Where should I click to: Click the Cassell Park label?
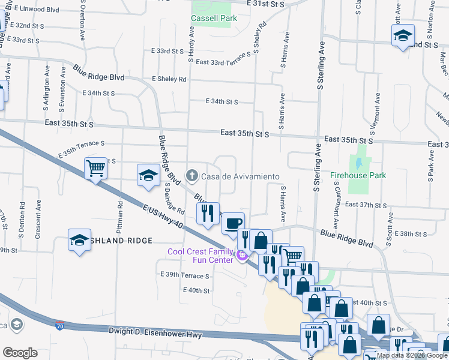pos(214,18)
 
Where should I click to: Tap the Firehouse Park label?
pos(358,176)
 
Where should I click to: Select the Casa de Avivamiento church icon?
pos(191,176)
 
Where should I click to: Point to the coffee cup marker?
pos(233,223)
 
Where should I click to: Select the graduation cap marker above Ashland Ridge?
pos(79,239)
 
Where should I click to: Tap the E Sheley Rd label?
pos(169,79)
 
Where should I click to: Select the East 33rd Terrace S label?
pos(222,62)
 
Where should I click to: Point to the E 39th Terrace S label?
pos(185,275)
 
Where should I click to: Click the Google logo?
pos(20,352)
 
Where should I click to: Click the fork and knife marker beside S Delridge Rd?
pos(208,213)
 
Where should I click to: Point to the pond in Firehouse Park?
pos(359,162)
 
